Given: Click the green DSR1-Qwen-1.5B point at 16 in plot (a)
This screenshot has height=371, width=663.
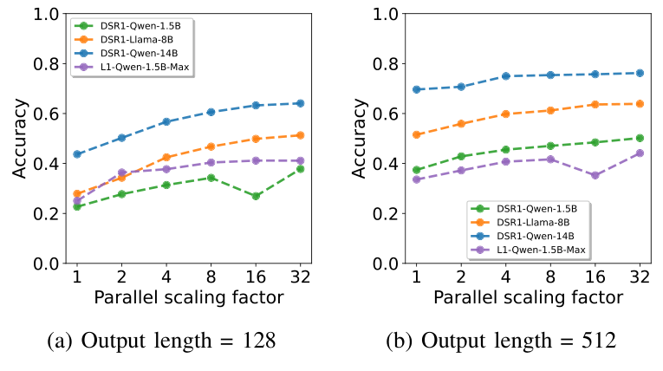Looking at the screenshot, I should coord(256,196).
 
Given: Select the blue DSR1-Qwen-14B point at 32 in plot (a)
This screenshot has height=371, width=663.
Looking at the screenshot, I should coord(300,103).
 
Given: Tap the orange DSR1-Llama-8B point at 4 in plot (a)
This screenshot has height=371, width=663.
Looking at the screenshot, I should coord(166,158).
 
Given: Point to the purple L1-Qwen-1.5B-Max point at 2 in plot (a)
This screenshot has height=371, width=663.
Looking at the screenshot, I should coord(121,172).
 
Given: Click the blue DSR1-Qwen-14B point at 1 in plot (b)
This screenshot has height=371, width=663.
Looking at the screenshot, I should coord(416,89).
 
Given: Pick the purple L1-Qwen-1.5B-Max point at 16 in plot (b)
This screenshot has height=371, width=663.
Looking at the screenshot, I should coord(595,175).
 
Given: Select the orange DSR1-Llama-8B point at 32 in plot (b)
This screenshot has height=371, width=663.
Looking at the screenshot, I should coord(640,103).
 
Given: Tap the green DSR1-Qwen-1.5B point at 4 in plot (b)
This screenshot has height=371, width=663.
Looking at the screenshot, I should coord(505,150).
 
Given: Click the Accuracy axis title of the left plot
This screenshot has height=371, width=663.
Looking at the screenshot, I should coord(19,139).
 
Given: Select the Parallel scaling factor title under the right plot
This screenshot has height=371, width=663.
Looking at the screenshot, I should coord(528,297).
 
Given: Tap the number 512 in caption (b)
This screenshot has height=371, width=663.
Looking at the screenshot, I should coord(597,341).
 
